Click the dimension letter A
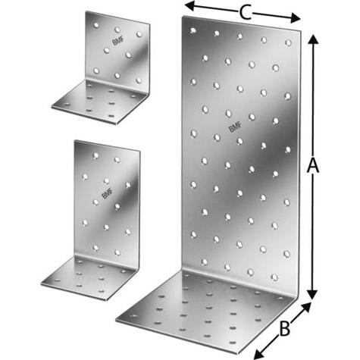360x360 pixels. coord(310,168)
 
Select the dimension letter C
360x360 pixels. coord(244,11)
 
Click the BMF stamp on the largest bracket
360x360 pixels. coord(235,124)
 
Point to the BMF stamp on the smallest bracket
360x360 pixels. coord(119,44)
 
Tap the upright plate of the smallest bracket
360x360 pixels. coord(117,53)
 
